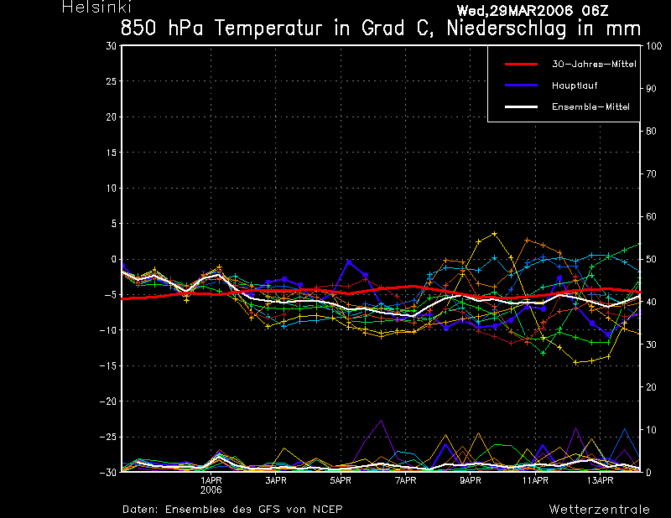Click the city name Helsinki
point(96,7)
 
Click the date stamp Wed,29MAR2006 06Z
point(533,11)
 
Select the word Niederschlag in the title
point(507,29)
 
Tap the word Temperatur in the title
point(268,29)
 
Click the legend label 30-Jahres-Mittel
point(594,65)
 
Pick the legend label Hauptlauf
point(575,85)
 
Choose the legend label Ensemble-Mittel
point(590,107)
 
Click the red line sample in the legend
point(521,65)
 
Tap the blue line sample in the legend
point(521,85)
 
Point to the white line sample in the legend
point(521,107)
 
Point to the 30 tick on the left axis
point(112,46)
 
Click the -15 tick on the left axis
point(108,366)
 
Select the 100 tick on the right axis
point(653,46)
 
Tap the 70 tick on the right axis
point(651,174)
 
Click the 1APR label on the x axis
point(211,481)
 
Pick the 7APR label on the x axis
point(406,481)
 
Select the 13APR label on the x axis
point(600,481)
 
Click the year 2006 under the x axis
point(211,490)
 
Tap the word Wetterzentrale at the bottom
point(600,510)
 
